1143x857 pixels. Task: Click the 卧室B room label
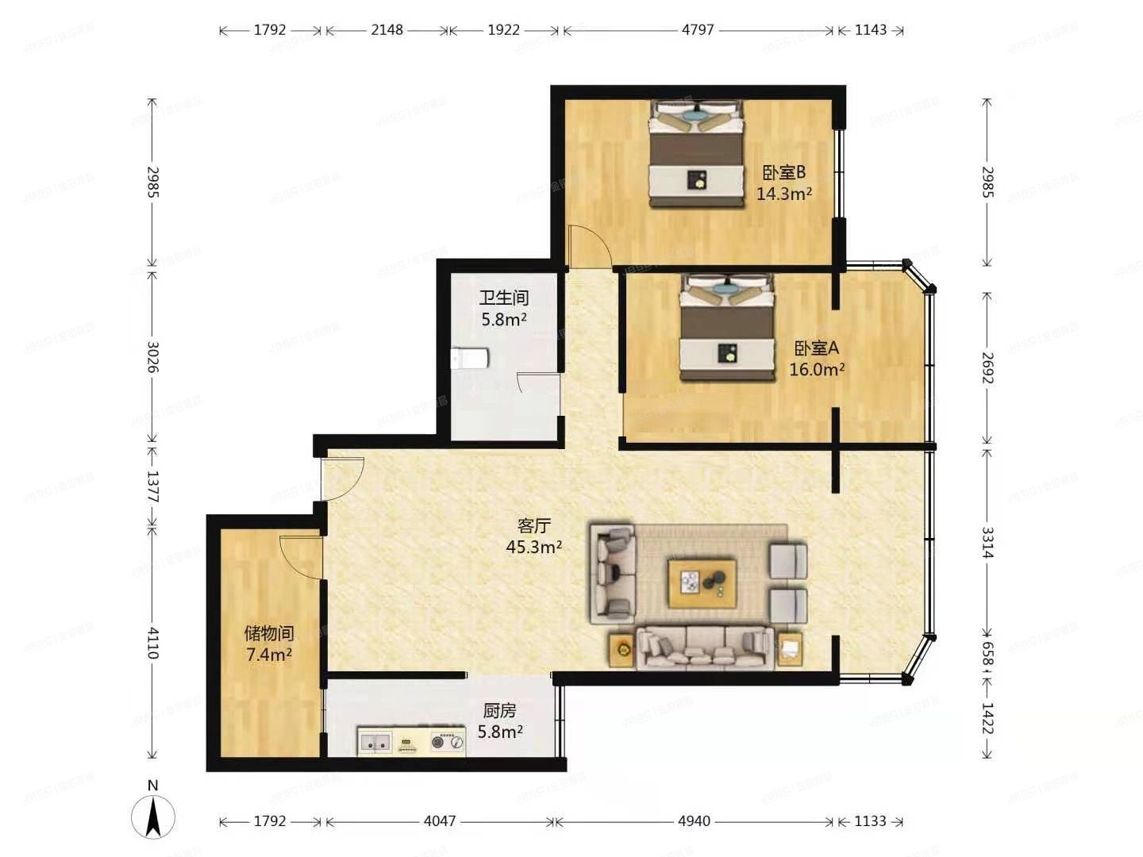783,172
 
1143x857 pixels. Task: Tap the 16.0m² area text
816,369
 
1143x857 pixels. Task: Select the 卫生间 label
503,298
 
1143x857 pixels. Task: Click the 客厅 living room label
533,525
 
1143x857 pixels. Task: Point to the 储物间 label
269,633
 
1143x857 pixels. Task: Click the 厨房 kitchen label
499,711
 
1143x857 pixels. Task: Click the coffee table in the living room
702,583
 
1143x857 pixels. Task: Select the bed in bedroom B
696,155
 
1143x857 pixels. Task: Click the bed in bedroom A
726,328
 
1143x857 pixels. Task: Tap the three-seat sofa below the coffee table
705,648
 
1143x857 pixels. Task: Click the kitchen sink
375,743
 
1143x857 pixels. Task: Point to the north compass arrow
153,815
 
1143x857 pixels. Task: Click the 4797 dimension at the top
698,30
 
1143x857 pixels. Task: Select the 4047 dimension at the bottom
440,821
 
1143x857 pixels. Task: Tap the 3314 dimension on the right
987,542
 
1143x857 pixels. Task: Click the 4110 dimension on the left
153,643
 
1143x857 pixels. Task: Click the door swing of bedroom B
588,246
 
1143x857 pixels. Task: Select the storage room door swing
300,555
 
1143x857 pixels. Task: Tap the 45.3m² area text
533,547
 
